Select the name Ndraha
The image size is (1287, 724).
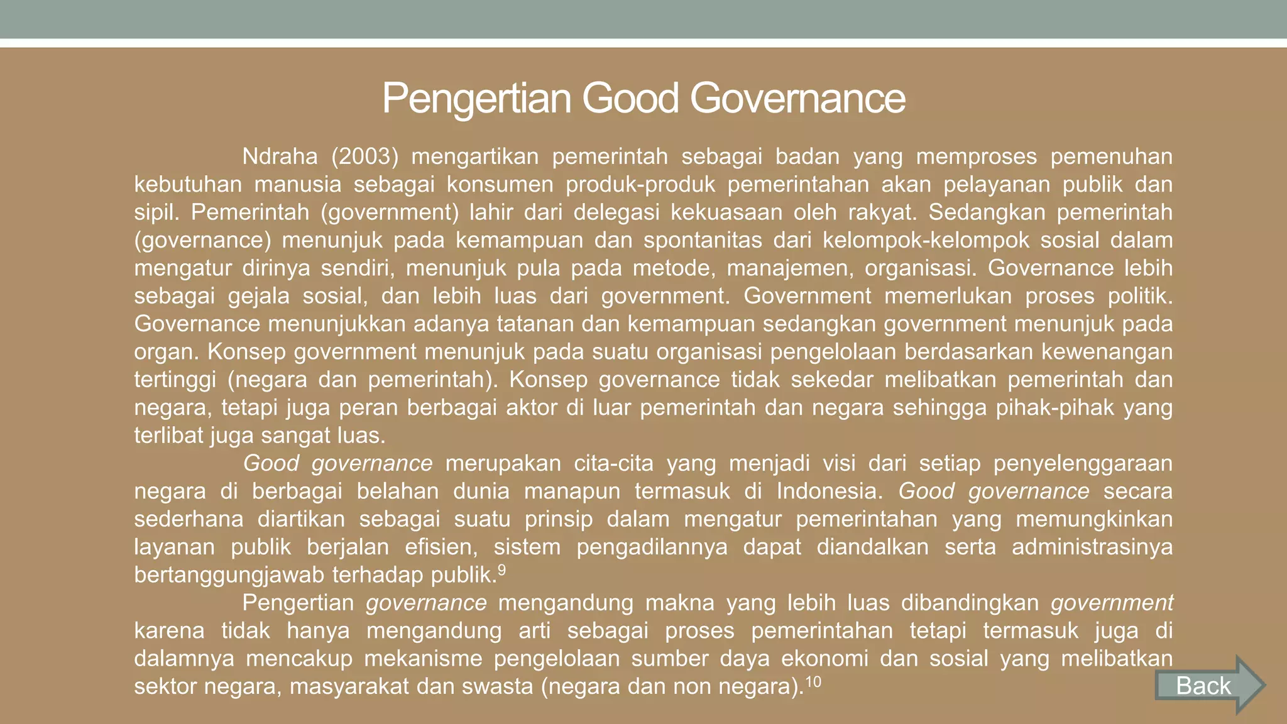pyautogui.click(x=280, y=156)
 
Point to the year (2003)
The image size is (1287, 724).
pyautogui.click(x=364, y=156)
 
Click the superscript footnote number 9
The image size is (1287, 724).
pyautogui.click(x=501, y=570)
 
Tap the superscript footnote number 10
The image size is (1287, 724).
pyautogui.click(x=813, y=681)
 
